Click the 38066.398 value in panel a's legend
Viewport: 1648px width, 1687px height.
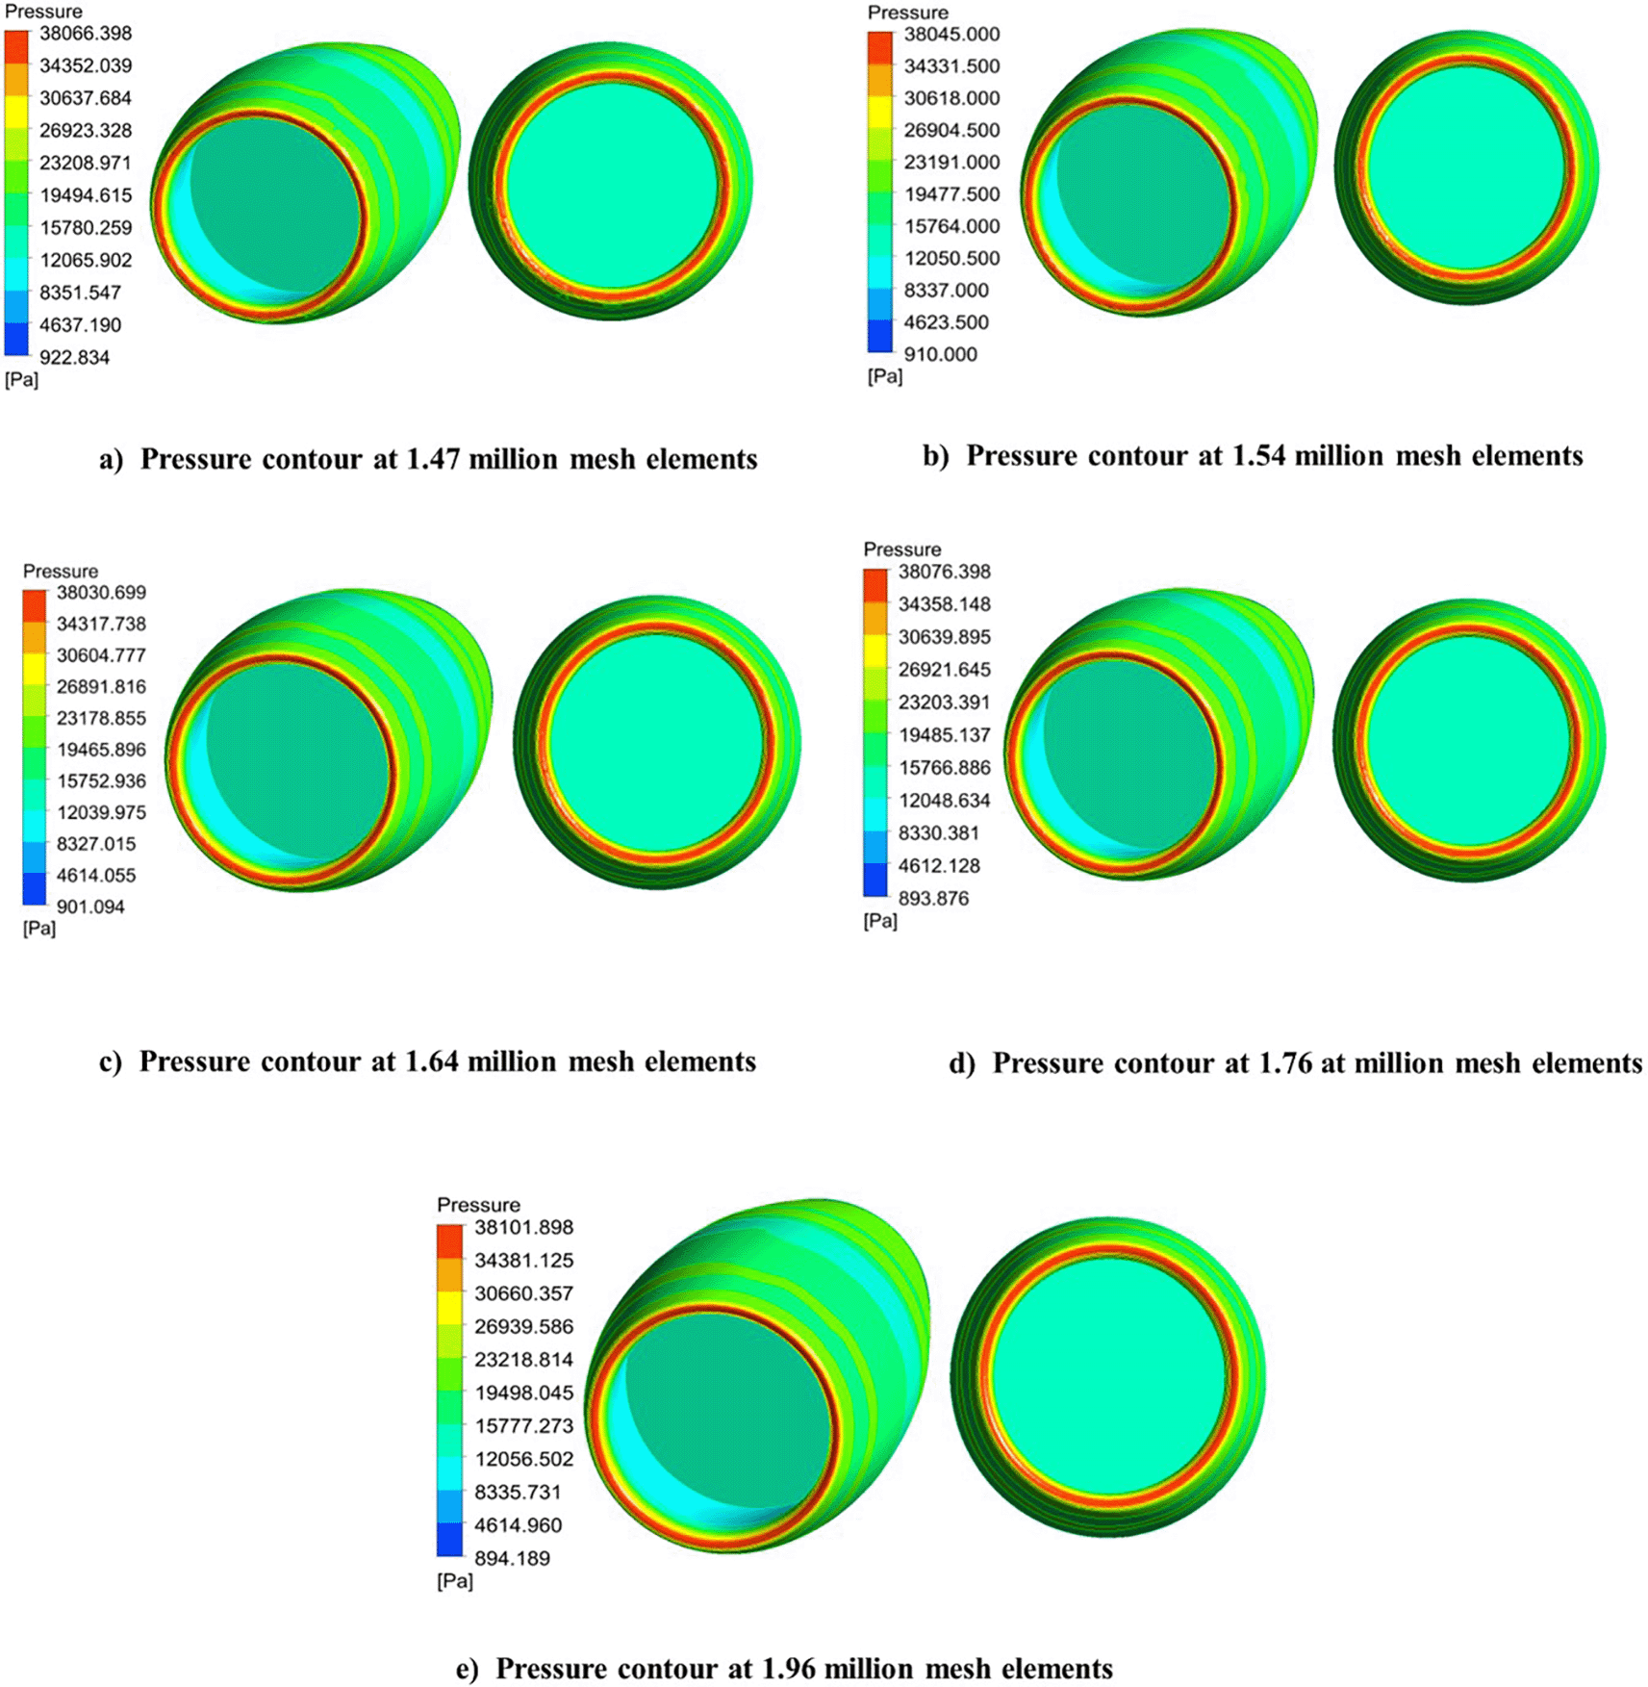[85, 34]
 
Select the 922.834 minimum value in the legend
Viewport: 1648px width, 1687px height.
[74, 357]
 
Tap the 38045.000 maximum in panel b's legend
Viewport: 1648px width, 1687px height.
[951, 35]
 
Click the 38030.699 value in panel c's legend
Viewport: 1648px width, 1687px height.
[101, 593]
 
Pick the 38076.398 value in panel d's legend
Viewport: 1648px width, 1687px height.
[944, 572]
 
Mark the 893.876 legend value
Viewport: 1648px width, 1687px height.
[933, 898]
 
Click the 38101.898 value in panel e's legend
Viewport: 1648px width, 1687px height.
[523, 1227]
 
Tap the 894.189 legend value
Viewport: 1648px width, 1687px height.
[512, 1558]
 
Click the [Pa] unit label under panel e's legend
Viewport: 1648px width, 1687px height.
[454, 1581]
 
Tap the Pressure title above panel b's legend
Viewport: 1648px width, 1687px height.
[907, 13]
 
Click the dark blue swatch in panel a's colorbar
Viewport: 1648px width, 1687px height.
[16, 340]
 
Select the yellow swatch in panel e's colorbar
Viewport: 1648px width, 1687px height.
[449, 1307]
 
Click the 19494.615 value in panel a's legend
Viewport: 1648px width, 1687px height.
[85, 195]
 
